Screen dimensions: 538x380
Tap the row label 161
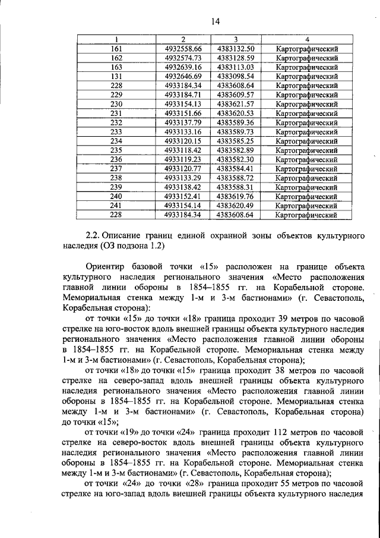tap(116, 49)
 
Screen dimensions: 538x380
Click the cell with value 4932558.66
tap(183, 49)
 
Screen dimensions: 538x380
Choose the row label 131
tap(116, 76)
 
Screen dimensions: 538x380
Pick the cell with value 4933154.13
tap(183, 104)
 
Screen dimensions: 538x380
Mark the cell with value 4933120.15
tap(183, 141)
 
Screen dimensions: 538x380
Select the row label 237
tap(116, 168)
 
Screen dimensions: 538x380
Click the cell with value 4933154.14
tap(183, 205)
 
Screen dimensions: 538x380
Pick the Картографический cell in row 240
tap(307, 196)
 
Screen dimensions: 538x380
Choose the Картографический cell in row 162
tap(307, 58)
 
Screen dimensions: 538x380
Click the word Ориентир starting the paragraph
tap(106, 268)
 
